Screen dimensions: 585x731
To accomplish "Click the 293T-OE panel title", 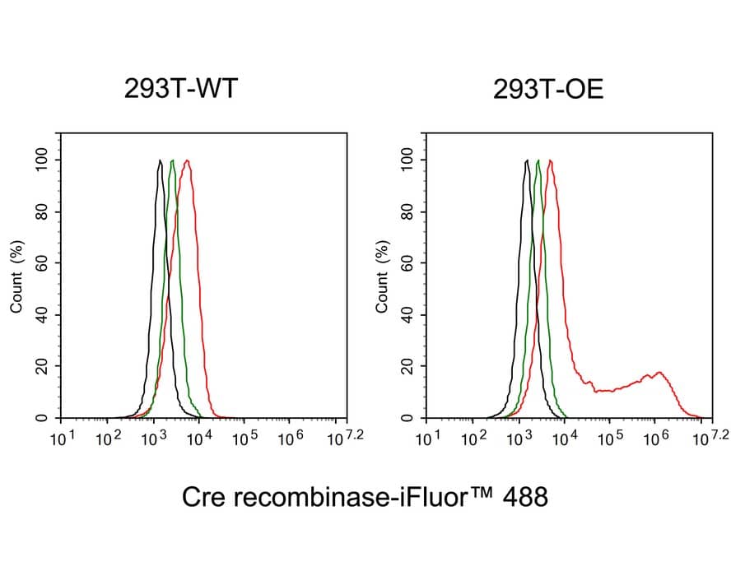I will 548,90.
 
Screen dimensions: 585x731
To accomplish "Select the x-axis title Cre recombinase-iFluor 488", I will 364,497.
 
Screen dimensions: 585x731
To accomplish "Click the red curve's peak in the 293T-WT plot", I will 188,161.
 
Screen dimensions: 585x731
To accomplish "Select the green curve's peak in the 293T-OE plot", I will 538,161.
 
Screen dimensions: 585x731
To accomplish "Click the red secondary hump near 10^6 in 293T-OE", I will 658,373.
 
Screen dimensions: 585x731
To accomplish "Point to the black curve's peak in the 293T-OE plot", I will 525,161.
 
